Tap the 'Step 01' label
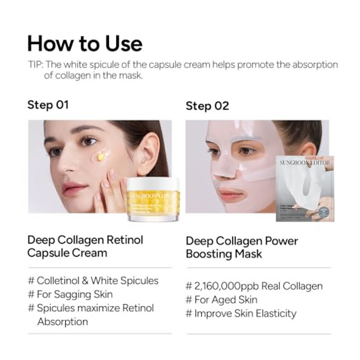click(48, 105)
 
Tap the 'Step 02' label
click(207, 106)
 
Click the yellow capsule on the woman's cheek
click(101, 156)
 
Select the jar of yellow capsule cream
click(152, 200)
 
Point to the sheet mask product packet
click(304, 188)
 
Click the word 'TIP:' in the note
click(38, 65)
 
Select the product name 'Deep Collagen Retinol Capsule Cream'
click(85, 246)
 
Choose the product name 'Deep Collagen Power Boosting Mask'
click(242, 247)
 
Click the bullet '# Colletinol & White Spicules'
click(93, 280)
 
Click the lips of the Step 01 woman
click(75, 189)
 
